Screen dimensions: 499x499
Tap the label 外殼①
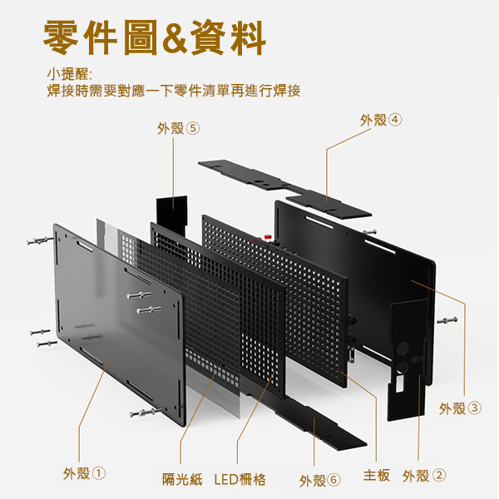(x=85, y=474)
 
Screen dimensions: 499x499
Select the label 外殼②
(x=424, y=476)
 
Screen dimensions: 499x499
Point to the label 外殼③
(x=460, y=408)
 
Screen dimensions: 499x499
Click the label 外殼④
(x=381, y=120)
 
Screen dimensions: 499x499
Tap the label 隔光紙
(x=182, y=479)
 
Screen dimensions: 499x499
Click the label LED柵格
(x=240, y=479)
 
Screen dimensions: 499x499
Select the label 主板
(x=377, y=476)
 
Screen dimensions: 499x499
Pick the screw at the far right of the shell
(x=447, y=320)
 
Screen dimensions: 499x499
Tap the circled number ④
(x=395, y=120)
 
